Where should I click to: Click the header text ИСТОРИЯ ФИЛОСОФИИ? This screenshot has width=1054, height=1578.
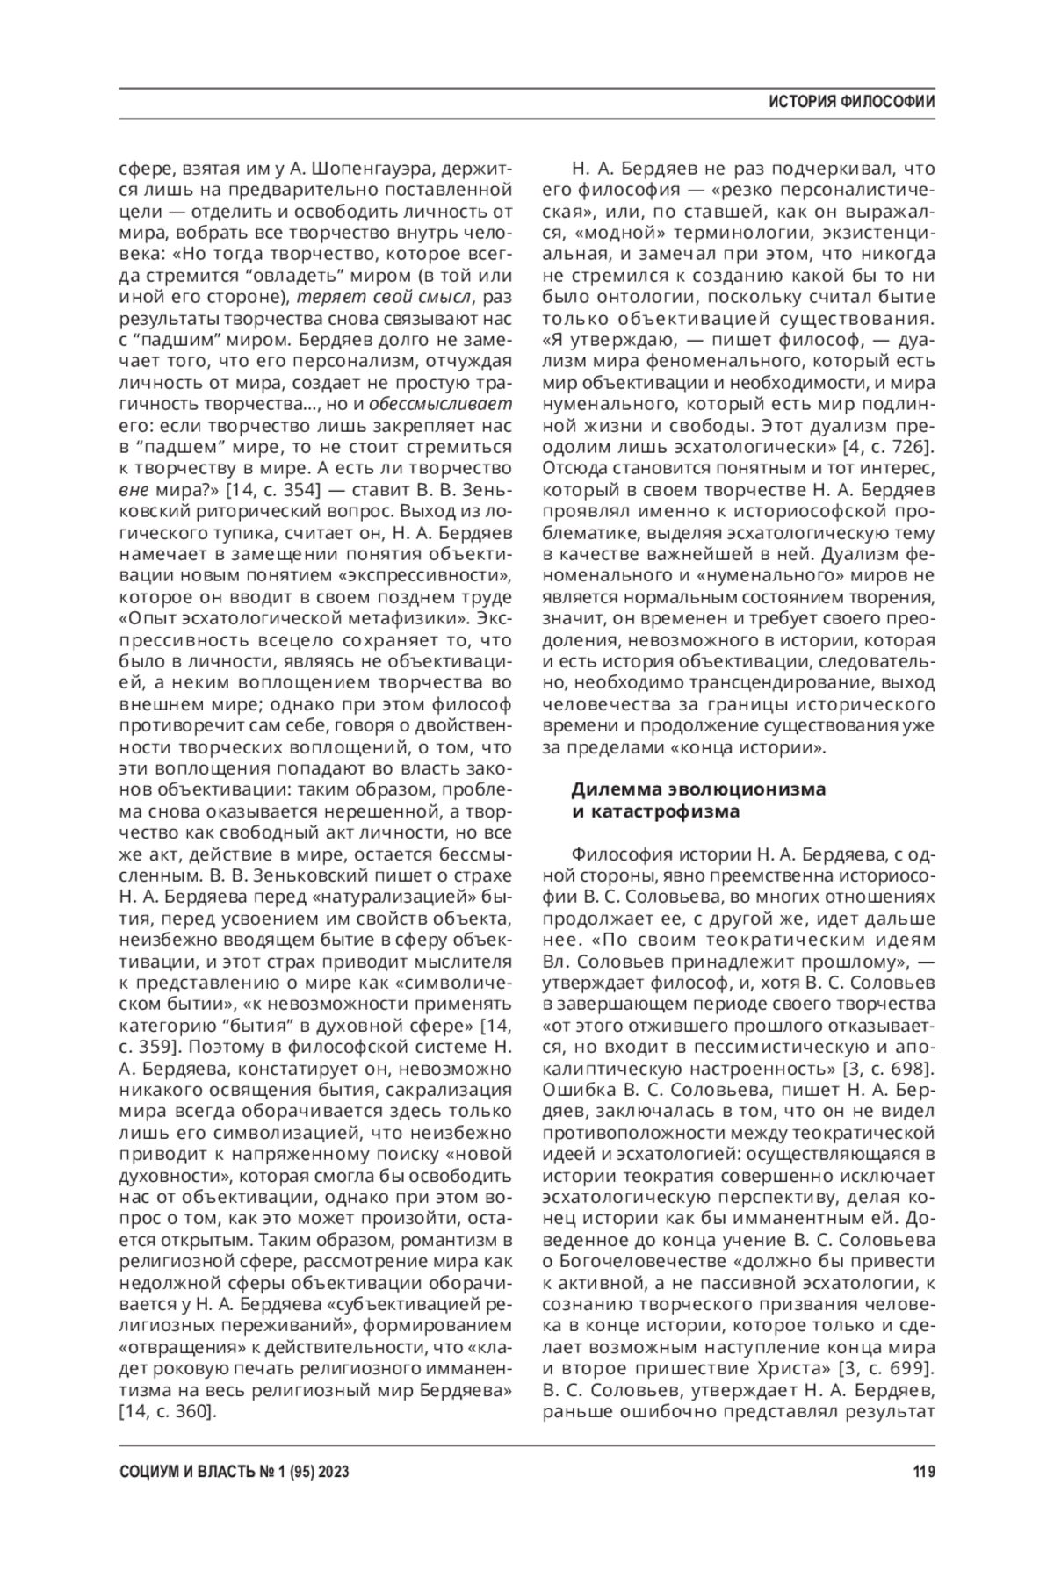(851, 102)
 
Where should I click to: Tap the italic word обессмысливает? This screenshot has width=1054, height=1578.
(441, 403)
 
